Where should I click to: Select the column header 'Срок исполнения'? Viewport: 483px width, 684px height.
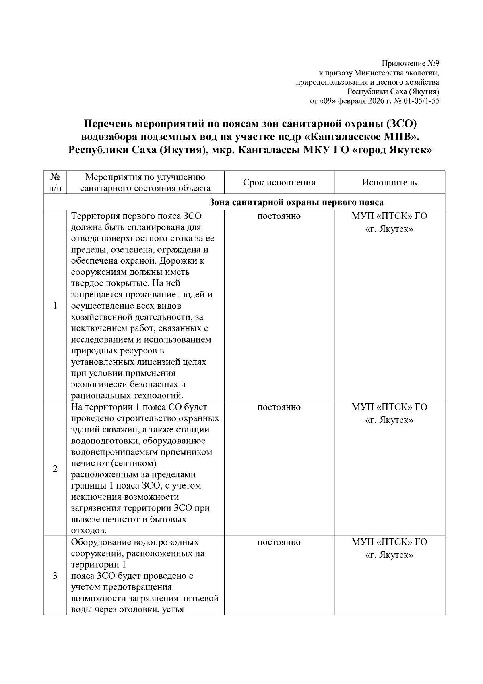tap(279, 183)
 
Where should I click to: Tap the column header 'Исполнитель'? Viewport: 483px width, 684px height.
tap(389, 183)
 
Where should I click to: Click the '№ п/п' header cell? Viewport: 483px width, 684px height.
tap(56, 183)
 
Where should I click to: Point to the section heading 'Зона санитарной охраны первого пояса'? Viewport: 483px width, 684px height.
tap(297, 202)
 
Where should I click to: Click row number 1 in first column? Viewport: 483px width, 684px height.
tap(55, 306)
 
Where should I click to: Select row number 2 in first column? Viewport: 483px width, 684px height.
tap(55, 469)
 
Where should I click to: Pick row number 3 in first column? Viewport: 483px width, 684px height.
tap(55, 576)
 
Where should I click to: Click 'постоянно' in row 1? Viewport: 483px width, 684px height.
tap(279, 216)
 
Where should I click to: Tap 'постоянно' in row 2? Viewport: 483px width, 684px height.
tap(279, 407)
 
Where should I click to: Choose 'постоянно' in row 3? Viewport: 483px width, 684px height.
tap(279, 543)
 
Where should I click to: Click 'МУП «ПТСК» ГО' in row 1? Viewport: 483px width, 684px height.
tap(389, 216)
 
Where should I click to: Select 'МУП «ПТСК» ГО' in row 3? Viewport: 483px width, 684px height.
tap(389, 543)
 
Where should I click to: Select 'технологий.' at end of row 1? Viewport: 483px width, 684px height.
tap(161, 395)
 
